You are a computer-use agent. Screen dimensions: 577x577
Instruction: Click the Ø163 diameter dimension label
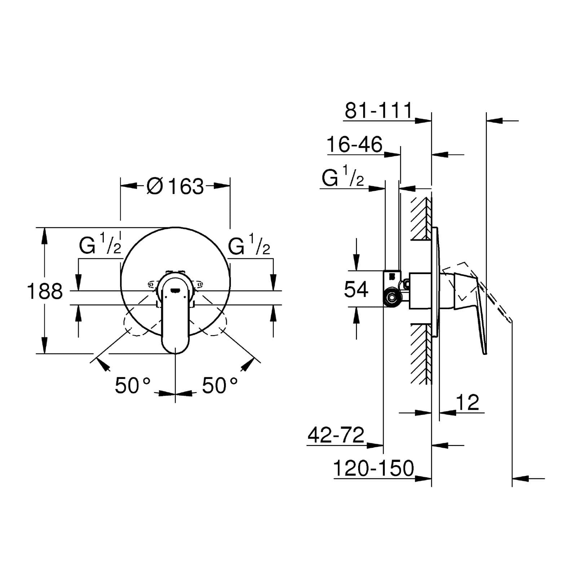(x=175, y=186)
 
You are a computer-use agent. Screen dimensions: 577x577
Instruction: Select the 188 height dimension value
(x=45, y=291)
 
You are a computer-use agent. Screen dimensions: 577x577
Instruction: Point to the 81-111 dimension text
(x=378, y=110)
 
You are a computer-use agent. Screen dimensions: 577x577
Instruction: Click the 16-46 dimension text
(x=354, y=144)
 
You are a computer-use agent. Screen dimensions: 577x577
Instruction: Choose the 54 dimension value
(x=356, y=289)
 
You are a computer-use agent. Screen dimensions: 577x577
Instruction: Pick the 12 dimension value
(x=468, y=402)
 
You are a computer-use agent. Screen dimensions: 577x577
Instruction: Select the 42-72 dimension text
(x=336, y=435)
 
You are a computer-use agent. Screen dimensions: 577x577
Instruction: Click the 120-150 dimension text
(x=373, y=468)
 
